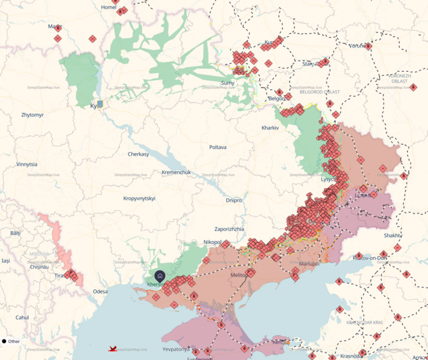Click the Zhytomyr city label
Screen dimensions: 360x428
click(x=32, y=115)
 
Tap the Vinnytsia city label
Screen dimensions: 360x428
click(x=27, y=164)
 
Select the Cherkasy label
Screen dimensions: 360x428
click(x=139, y=154)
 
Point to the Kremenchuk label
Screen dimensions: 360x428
click(x=177, y=172)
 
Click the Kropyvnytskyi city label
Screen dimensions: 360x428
click(x=139, y=198)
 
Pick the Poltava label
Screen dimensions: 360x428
click(x=218, y=147)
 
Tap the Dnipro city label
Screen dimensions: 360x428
click(x=234, y=200)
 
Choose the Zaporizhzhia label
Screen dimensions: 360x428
click(x=229, y=229)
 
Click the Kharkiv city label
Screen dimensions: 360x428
click(x=270, y=128)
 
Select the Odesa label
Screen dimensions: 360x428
click(x=100, y=291)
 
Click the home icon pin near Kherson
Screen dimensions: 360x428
click(x=160, y=276)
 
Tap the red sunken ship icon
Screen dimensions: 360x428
click(x=112, y=349)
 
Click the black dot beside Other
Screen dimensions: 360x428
click(x=4, y=341)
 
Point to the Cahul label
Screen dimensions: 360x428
click(x=22, y=317)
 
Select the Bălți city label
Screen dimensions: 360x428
click(x=15, y=233)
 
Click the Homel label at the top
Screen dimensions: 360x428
click(x=109, y=7)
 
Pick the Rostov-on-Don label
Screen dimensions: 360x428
click(x=370, y=258)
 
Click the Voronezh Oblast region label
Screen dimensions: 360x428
click(x=399, y=78)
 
